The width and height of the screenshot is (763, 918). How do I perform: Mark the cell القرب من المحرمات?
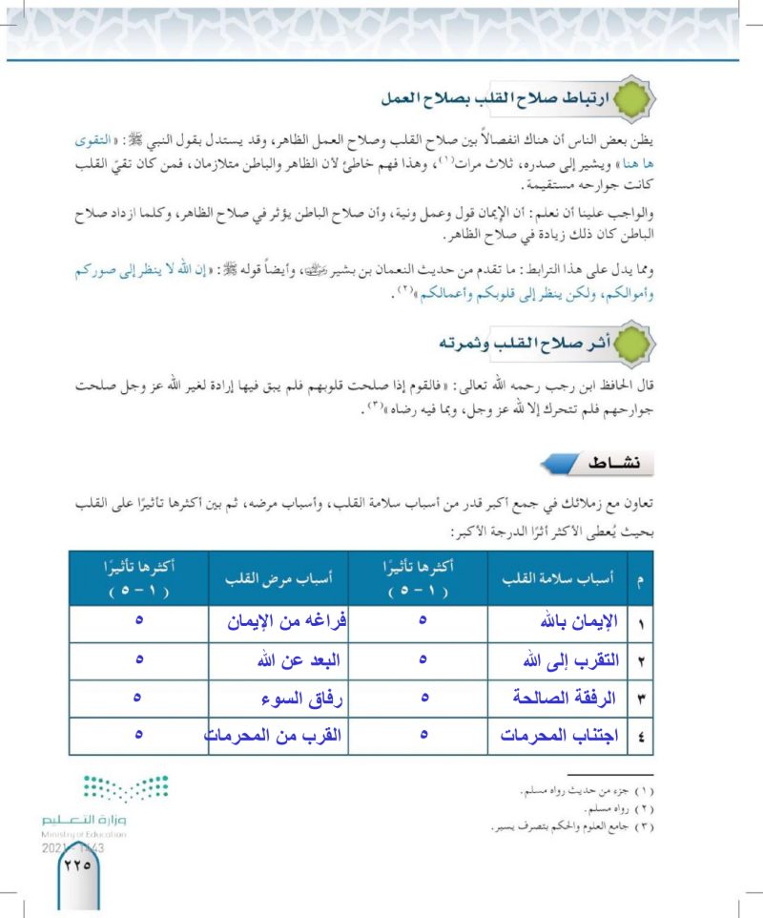tap(276, 736)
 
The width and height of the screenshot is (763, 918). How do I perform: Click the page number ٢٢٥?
tap(75, 866)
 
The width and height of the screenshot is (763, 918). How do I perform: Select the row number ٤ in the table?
tap(641, 736)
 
